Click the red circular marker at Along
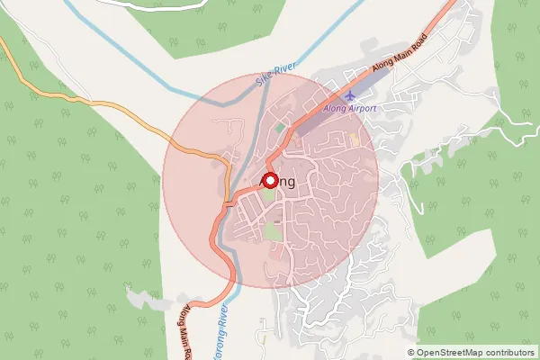(269, 180)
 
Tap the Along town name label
(278, 182)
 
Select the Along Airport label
(350, 108)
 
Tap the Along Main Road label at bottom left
(183, 329)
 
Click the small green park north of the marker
(280, 129)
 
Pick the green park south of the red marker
(271, 231)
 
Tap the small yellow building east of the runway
(354, 140)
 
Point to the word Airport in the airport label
(362, 108)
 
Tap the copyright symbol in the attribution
(411, 353)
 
